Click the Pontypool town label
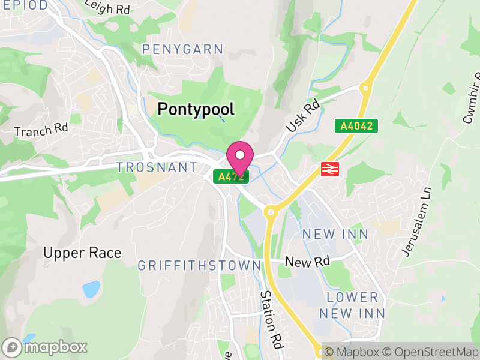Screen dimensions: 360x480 click(x=196, y=109)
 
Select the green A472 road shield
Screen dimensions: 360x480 click(x=231, y=176)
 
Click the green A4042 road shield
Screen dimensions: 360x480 click(x=356, y=126)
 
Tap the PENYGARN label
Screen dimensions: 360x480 click(x=182, y=49)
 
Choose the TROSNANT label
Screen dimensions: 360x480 click(x=157, y=167)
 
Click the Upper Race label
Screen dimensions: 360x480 click(x=82, y=253)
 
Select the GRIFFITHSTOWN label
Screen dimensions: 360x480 click(x=199, y=265)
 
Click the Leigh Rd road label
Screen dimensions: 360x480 click(x=107, y=8)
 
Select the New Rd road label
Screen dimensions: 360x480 click(x=307, y=262)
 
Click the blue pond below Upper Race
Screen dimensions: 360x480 click(x=91, y=290)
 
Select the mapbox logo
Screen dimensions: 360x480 click(x=45, y=347)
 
